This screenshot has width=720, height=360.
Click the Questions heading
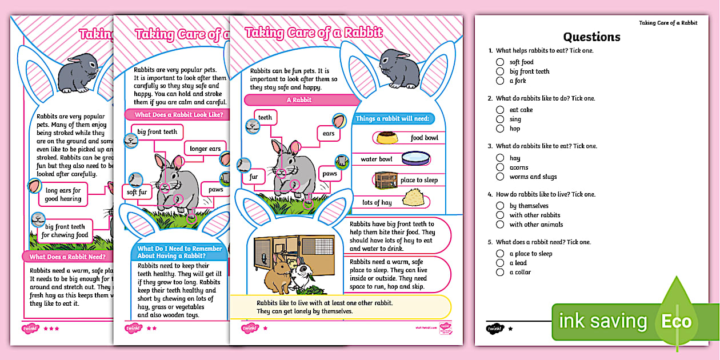591,37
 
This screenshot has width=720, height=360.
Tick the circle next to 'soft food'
500,62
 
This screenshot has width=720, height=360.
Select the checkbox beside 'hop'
500,129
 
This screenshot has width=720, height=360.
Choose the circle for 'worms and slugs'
500,177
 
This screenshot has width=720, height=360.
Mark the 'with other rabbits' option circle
500,215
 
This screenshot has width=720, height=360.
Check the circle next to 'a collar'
500,273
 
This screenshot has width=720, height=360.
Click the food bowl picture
387,138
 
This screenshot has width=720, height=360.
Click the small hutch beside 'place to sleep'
386,180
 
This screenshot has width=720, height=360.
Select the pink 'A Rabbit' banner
298,100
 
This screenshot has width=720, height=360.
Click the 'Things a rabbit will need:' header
393,119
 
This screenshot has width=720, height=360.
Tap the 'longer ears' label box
205,149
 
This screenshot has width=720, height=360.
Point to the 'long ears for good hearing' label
63,195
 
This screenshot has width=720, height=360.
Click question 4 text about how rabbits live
546,194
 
